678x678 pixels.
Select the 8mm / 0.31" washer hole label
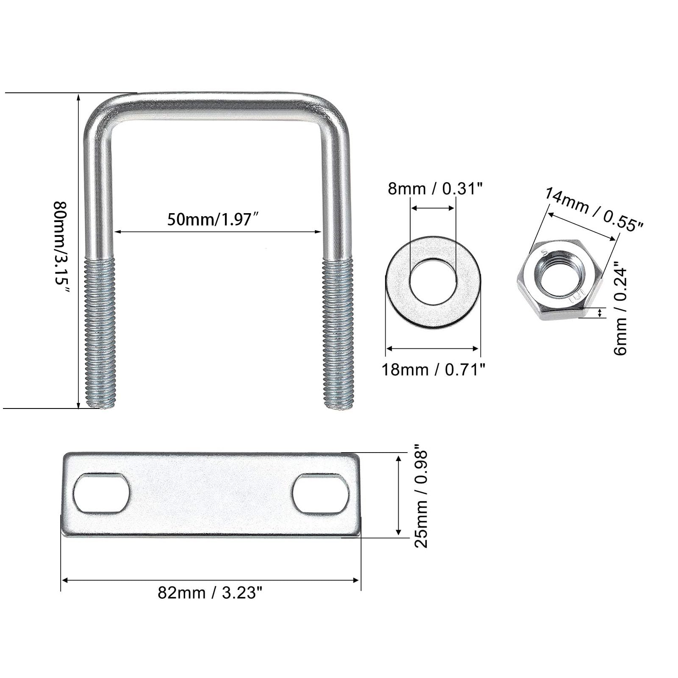[x=435, y=188]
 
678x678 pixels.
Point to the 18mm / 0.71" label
[x=433, y=370]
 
